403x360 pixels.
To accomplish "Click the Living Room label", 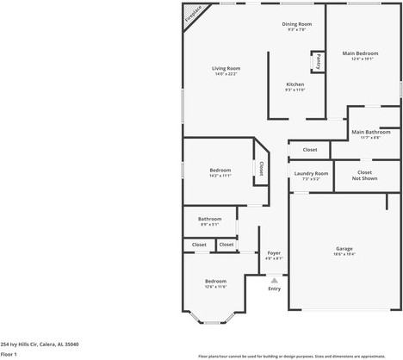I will click(227, 68).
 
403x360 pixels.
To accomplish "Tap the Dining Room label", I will click(297, 24).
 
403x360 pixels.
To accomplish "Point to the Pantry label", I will click(316, 62).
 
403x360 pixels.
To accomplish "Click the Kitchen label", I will click(294, 84).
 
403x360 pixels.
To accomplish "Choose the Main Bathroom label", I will click(371, 132).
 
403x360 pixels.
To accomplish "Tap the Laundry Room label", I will click(311, 173).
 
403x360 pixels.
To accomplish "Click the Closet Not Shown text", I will click(365, 175).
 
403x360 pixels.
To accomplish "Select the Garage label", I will click(344, 249).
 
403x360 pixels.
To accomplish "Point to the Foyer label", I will click(274, 252).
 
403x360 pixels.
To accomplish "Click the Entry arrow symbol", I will click(274, 280).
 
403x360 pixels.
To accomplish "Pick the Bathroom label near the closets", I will click(210, 219).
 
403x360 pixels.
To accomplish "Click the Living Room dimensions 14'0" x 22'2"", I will click(227, 74).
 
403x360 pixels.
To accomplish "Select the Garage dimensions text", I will click(344, 255).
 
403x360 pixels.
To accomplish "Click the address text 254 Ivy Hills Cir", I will click(40, 343).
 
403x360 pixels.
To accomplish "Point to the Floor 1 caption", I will click(9, 353).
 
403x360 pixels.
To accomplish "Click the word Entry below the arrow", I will click(274, 289).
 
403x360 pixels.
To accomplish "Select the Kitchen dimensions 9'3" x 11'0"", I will click(294, 90).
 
